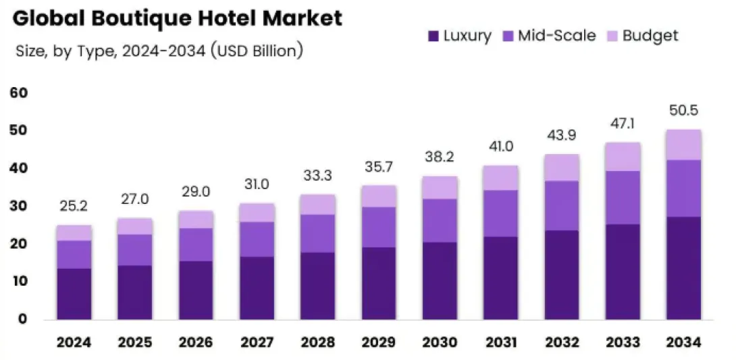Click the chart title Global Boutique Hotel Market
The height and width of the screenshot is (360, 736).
point(178,18)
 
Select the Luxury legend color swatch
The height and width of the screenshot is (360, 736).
point(433,36)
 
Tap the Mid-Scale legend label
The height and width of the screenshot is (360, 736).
point(557,36)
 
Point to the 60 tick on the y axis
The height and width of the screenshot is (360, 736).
point(18,93)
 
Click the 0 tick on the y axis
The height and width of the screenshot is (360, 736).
point(22,319)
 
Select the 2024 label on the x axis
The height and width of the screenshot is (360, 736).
point(74,342)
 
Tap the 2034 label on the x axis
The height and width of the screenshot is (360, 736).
point(684,342)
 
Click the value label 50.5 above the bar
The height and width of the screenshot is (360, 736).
point(684,111)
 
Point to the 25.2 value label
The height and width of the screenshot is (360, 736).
point(74,206)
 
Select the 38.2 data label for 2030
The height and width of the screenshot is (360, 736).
point(440,157)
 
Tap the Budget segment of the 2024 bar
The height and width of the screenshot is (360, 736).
point(74,233)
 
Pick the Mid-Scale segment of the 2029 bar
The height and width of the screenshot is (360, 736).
point(379,227)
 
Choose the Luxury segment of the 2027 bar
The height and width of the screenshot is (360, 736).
point(257,288)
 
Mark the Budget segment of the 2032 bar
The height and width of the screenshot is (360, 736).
point(562,168)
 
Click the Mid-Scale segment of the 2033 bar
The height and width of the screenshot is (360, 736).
point(623,197)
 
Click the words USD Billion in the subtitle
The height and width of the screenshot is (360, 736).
point(256,51)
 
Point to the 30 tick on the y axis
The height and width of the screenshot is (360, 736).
point(18,206)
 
